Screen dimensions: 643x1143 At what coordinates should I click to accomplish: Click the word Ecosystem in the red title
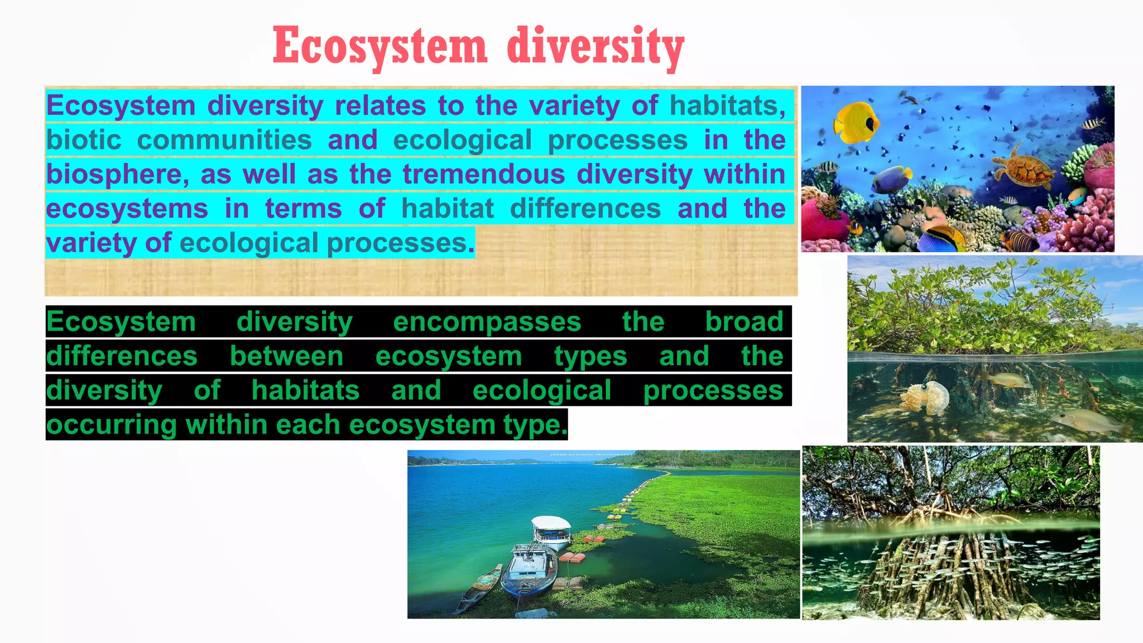[380, 47]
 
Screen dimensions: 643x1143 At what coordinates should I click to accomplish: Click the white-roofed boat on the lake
[551, 531]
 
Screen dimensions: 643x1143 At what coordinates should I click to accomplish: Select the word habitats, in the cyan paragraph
[727, 105]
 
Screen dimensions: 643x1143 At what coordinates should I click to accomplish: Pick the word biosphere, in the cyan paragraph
[117, 174]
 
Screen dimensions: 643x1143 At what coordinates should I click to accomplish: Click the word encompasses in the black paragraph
[487, 322]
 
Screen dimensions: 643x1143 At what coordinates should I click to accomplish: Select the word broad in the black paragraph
[744, 322]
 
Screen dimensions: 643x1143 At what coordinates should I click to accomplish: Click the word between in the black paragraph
[286, 357]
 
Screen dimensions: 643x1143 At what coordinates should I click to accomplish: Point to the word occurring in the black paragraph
[112, 425]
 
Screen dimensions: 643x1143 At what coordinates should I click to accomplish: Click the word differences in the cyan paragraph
[585, 209]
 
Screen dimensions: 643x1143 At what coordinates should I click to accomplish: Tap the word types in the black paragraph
[590, 357]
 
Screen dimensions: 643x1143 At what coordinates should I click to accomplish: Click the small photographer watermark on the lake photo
[591, 455]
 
